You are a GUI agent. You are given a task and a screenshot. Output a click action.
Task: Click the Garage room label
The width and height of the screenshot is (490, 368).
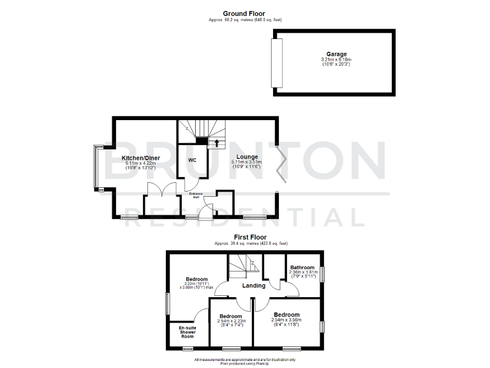[x=336, y=54]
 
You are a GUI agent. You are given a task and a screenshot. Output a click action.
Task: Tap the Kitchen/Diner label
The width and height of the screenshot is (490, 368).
[x=140, y=158]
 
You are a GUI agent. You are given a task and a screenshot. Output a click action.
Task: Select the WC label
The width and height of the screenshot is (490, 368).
[x=192, y=160]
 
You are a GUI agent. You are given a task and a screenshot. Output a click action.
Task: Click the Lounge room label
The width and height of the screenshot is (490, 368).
[x=247, y=157]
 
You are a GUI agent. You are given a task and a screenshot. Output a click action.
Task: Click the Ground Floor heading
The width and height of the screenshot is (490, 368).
[x=244, y=13]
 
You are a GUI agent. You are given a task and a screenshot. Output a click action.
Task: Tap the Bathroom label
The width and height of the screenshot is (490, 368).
[x=302, y=267]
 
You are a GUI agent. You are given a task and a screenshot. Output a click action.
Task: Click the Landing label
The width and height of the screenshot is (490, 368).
[x=254, y=286]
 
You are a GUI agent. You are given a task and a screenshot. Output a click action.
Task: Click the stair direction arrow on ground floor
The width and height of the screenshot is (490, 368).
[x=217, y=142]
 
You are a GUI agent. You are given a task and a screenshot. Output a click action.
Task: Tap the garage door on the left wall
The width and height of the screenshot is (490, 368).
[x=276, y=63]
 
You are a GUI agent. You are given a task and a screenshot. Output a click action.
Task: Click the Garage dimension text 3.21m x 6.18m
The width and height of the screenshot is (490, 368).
[x=336, y=60]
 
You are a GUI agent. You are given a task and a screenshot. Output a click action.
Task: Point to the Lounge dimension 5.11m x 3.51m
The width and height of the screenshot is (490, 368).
[x=246, y=163]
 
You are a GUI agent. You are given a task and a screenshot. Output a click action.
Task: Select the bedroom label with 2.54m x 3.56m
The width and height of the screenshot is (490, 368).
[x=286, y=315]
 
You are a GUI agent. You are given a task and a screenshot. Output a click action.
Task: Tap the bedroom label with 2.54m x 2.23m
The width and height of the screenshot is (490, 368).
[x=230, y=317]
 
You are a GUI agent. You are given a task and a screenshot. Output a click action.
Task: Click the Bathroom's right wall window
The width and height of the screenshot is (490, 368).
[x=323, y=273]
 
